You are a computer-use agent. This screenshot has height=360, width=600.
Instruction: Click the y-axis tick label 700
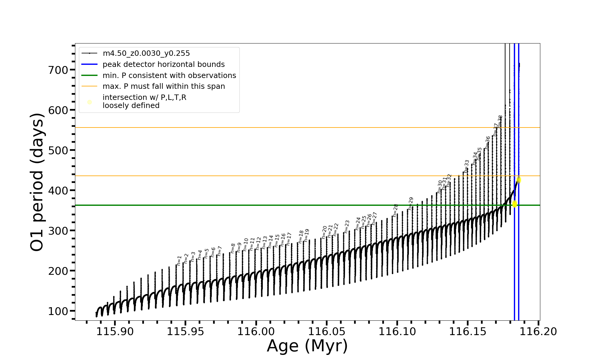[x=58, y=70]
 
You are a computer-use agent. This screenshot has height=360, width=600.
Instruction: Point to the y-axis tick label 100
[x=58, y=311]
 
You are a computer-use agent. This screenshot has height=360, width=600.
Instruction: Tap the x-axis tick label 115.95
[x=185, y=332]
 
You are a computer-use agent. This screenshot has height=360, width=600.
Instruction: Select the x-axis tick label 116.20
[x=538, y=332]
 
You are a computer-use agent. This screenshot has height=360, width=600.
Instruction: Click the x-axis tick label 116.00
[x=256, y=332]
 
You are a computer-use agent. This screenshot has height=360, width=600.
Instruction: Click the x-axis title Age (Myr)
[x=307, y=346]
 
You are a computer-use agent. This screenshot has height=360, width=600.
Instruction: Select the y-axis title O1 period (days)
[x=37, y=182]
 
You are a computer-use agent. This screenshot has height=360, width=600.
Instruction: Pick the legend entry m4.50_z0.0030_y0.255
[x=146, y=53]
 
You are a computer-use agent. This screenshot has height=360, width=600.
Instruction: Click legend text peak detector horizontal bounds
[x=163, y=64]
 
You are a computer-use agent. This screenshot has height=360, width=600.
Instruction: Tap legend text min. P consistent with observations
[x=169, y=76]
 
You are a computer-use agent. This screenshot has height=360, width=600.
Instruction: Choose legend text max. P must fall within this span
[x=163, y=86]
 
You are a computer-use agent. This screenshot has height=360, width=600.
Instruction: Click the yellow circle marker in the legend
[x=89, y=102]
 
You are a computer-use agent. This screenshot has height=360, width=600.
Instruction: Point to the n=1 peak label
[x=179, y=260]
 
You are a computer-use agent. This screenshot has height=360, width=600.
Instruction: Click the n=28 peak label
[x=395, y=210]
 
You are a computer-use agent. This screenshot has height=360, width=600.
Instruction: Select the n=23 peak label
[x=347, y=226]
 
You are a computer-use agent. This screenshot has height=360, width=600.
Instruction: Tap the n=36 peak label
[x=487, y=142]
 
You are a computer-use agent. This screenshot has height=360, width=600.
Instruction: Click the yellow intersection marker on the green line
[x=514, y=204]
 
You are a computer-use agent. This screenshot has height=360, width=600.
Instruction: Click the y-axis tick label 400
[x=58, y=190]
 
